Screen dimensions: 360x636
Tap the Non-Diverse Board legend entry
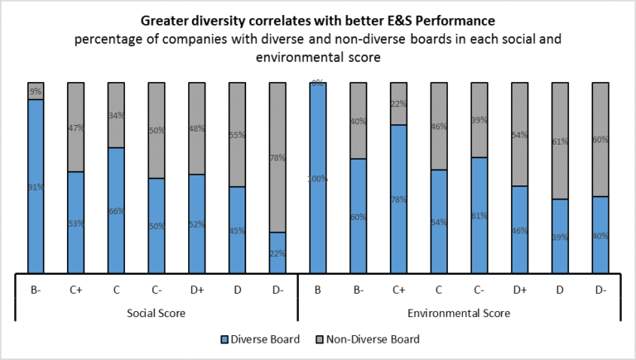[x=372, y=338]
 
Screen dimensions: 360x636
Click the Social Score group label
[x=156, y=314]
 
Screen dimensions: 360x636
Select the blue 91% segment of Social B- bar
[x=36, y=186]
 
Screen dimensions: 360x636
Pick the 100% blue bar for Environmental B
[x=317, y=178]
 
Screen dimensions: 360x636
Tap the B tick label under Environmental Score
[x=317, y=290]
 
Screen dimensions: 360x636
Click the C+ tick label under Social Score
[x=76, y=290]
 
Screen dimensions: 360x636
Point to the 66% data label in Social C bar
[x=116, y=211]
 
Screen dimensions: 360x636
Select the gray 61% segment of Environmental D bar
[x=558, y=141]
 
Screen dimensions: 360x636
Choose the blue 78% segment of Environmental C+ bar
[x=397, y=199]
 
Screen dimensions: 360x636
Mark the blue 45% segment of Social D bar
[x=237, y=230]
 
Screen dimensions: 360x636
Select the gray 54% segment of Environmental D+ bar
[x=518, y=134]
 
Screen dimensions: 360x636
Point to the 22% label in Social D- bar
[x=277, y=253]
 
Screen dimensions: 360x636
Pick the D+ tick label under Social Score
[x=197, y=290]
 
